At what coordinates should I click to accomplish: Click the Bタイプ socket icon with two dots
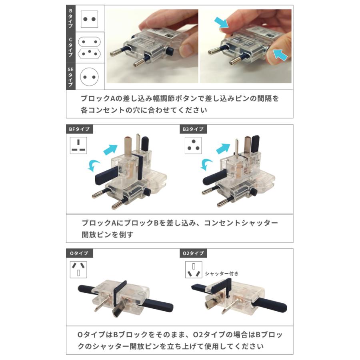click(x=90, y=19)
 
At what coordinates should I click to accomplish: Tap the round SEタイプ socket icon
click(x=90, y=76)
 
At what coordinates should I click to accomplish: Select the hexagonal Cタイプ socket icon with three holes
click(x=90, y=53)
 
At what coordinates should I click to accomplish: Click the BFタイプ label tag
click(x=80, y=129)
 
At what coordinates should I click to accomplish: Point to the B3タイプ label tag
click(x=194, y=129)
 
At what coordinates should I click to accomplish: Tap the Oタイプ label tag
click(x=80, y=253)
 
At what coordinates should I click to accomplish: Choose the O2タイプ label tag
click(x=194, y=253)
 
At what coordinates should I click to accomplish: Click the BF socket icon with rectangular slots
click(x=78, y=145)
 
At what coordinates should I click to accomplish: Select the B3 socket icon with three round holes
click(x=193, y=145)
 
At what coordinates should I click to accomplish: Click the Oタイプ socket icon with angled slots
click(x=78, y=270)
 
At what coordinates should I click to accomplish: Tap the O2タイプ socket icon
click(x=193, y=270)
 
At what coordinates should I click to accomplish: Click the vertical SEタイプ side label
click(x=70, y=76)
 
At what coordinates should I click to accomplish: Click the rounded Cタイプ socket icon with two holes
click(x=90, y=42)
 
